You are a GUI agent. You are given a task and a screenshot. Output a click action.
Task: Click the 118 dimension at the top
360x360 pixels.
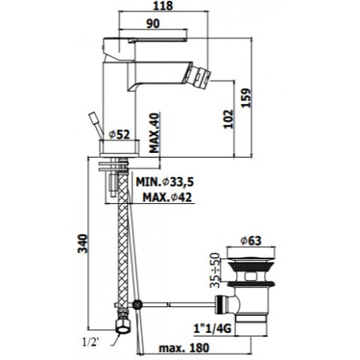pos(163,6)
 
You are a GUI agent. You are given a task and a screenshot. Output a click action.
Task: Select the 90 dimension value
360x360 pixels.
pos(153,23)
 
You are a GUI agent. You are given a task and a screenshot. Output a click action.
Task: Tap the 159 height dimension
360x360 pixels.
pos(246,98)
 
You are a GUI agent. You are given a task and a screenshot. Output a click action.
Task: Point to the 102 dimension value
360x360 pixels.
pos(228,119)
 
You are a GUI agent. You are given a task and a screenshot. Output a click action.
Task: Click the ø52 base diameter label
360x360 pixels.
pos(119,134)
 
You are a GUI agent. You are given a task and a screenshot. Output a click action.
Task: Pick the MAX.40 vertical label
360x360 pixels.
pos(154,133)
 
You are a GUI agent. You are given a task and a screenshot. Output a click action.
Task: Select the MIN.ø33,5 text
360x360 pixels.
pos(165,182)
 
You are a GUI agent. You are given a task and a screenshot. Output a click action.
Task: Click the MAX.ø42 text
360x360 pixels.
pos(167,198)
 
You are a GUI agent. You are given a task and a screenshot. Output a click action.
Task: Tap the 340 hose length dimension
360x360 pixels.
pos(82,243)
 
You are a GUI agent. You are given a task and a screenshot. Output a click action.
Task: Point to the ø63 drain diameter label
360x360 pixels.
pos(251,241)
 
